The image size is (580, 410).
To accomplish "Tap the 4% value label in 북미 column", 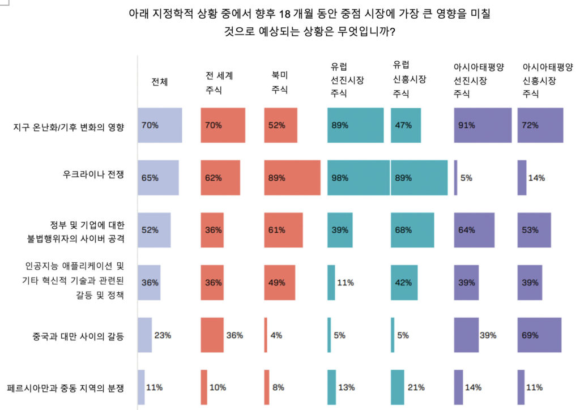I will [x=276, y=336].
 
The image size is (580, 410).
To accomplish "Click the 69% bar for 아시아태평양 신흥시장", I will [x=539, y=335].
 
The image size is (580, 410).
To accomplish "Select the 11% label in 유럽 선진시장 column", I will [x=346, y=283].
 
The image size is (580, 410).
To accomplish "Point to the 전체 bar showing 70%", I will [x=160, y=125].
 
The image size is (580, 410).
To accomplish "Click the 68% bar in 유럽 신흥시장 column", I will [x=412, y=230].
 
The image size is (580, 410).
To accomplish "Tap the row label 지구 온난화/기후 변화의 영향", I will [x=69, y=125].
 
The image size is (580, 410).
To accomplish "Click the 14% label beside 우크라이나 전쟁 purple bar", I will [x=536, y=178].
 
